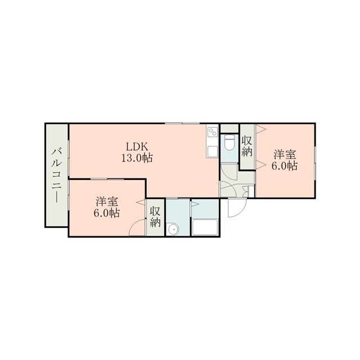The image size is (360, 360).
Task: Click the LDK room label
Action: [x=137, y=146]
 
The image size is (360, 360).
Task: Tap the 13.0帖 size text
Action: [x=137, y=158]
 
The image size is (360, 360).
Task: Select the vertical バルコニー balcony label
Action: [x=56, y=175]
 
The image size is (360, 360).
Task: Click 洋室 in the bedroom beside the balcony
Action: [x=107, y=202]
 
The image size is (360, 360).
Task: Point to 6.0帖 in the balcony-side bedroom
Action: [x=107, y=214]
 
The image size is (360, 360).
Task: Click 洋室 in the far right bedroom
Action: [x=285, y=155]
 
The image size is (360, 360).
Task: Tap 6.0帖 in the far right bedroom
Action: [x=285, y=166]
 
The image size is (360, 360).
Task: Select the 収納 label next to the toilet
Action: [x=247, y=146]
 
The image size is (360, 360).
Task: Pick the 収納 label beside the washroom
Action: [x=155, y=217]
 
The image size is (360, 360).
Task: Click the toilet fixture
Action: [x=229, y=142]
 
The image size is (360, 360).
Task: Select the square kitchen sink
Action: [x=212, y=151]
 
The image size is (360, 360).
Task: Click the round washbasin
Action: [x=172, y=229]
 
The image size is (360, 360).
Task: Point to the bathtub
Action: [x=205, y=227]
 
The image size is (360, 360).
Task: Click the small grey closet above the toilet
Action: [x=229, y=129]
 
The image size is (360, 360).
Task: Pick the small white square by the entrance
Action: [x=251, y=192]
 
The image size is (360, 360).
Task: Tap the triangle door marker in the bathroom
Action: [x=194, y=204]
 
